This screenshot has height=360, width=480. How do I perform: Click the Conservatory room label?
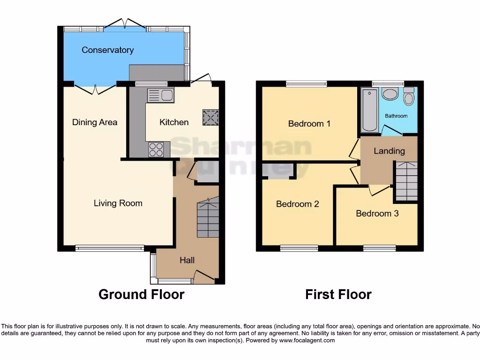click(107, 50)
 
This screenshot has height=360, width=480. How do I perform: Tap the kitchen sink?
click(161, 96)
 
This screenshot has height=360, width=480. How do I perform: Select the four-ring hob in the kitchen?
click(156, 149)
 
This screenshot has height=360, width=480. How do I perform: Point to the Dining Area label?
click(95, 122)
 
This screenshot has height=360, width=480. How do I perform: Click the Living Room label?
click(118, 203)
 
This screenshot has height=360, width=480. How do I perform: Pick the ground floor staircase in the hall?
click(208, 217)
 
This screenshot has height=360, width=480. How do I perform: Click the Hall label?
click(187, 260)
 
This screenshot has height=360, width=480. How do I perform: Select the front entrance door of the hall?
click(204, 277)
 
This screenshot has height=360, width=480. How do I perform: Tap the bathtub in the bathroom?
click(370, 110)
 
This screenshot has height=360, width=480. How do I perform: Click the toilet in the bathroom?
click(409, 97)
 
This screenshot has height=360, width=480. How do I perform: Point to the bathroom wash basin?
click(390, 94)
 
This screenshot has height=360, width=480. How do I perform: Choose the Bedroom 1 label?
click(309, 124)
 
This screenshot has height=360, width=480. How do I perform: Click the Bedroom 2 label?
click(297, 204)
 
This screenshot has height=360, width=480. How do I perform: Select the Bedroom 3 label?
click(377, 214)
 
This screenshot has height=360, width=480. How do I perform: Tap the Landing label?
click(389, 151)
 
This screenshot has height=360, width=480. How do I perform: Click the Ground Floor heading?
click(141, 294)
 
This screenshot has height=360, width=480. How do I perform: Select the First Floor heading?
click(338, 294)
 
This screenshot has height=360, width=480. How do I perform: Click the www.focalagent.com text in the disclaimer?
click(307, 340)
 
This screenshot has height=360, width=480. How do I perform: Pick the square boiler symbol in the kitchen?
click(210, 117)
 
